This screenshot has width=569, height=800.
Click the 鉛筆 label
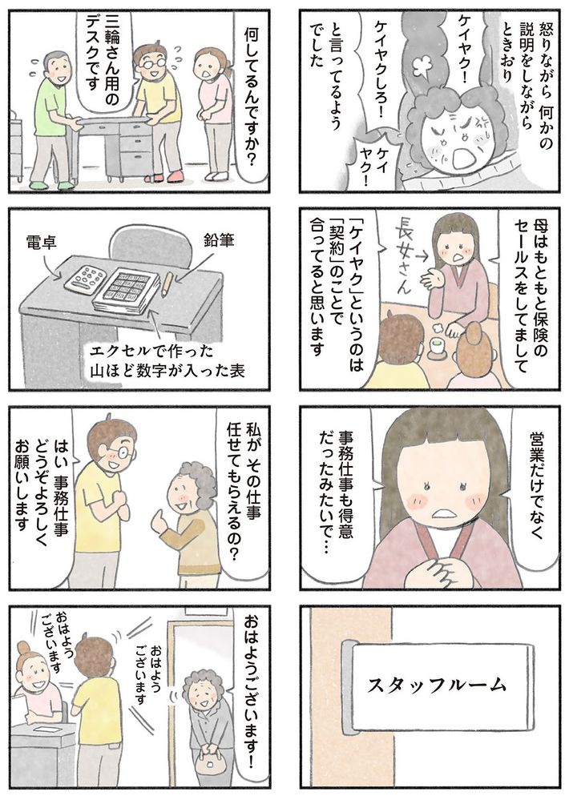tap(219, 241)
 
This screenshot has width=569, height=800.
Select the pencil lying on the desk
tap(166, 285)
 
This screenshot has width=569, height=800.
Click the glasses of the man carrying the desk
tap(151, 63)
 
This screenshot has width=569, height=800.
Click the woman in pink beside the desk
tap(213, 113)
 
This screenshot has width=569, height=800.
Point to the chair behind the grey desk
tap(144, 244)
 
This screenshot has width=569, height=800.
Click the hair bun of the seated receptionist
tap(24, 648)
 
